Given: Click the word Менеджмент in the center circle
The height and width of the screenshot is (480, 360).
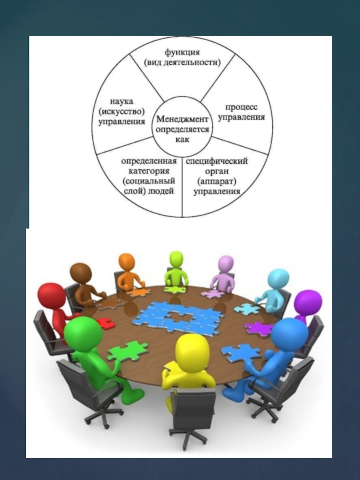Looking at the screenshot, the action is (x=182, y=119).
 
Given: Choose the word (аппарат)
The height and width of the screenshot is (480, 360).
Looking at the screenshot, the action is (x=217, y=181).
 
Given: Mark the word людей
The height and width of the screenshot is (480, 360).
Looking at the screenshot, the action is (x=162, y=191).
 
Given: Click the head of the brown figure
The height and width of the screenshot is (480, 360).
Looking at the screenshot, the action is (x=81, y=274).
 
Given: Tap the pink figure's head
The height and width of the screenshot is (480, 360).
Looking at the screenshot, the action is (x=225, y=264).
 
